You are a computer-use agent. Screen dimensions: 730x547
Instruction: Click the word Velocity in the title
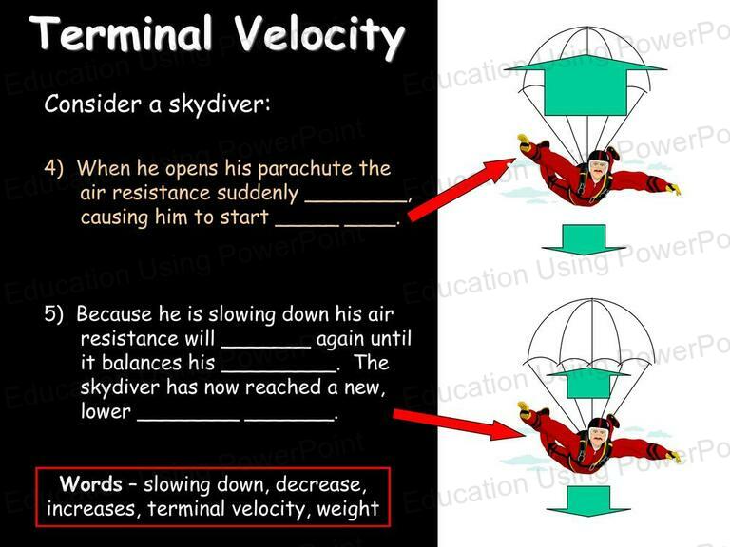[x=319, y=36]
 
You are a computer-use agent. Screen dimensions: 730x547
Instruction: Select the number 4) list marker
[x=54, y=168]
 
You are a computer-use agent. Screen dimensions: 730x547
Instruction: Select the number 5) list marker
[x=54, y=314]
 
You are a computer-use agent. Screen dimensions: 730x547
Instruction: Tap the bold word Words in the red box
[x=91, y=484]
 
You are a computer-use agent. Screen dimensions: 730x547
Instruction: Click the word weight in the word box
[x=348, y=509]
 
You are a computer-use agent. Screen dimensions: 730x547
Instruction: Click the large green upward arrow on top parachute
[x=586, y=85]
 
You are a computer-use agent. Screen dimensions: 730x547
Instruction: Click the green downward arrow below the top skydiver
[x=584, y=240]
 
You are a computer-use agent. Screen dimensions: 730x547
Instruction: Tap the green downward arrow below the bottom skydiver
[x=588, y=501]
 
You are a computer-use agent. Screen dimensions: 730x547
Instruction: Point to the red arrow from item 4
[x=461, y=189]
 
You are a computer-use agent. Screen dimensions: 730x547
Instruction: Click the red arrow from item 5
[x=459, y=424]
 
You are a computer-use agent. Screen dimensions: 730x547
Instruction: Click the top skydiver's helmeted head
[x=597, y=166]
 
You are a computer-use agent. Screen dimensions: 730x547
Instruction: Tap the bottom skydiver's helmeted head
[x=598, y=433]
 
